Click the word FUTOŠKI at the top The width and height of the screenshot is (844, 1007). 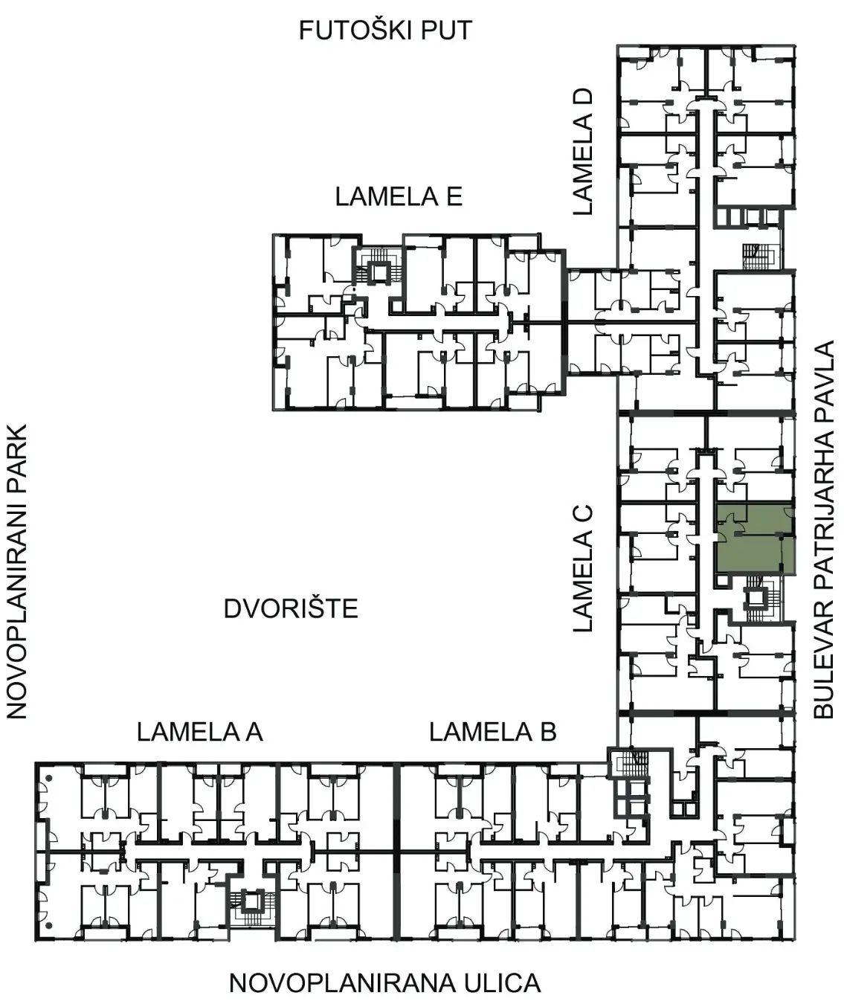click(356, 30)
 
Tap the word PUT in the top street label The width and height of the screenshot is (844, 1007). click(447, 30)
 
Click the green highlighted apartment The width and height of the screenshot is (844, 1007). click(755, 538)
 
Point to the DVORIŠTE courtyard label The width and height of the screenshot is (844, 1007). click(291, 608)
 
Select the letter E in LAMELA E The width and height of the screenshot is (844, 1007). click(454, 197)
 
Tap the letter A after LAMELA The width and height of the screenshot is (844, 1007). click(252, 732)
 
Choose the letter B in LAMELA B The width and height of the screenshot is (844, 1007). click(548, 732)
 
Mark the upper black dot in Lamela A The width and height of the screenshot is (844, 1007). click(49, 778)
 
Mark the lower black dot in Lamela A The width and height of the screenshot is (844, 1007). click(49, 925)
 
